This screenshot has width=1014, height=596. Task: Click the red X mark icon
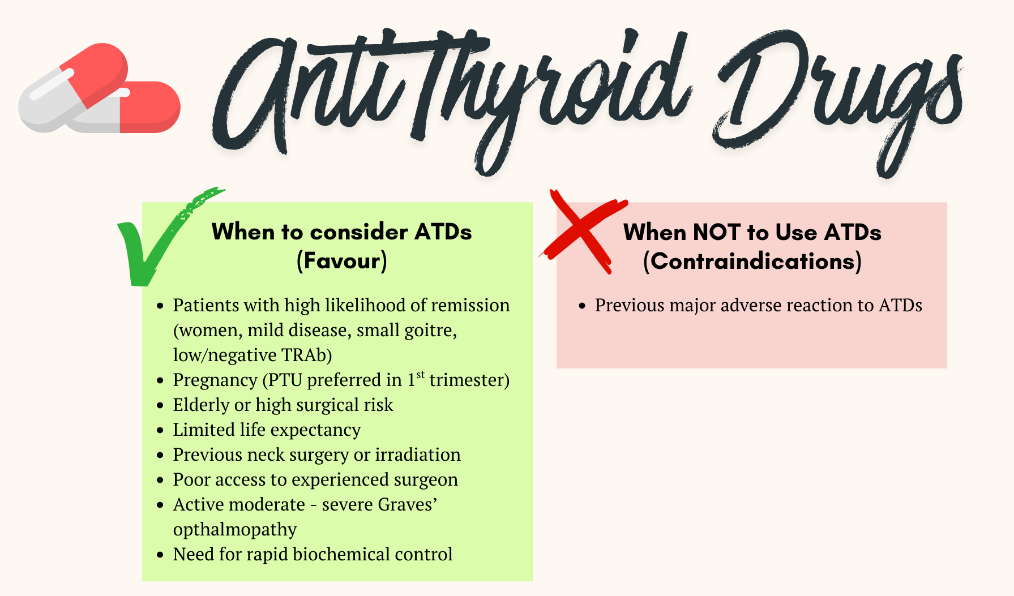point(583,232)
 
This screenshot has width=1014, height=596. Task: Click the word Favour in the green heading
point(342,261)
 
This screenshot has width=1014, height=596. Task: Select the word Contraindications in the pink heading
point(752,261)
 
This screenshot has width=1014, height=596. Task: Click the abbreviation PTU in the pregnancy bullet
point(285,380)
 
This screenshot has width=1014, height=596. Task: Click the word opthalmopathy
point(235,530)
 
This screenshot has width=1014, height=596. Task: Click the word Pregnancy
point(215,380)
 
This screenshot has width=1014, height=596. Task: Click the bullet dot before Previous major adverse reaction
point(582,306)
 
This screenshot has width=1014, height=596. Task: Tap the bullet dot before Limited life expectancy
point(160,431)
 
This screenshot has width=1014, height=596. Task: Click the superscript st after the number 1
point(421,375)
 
